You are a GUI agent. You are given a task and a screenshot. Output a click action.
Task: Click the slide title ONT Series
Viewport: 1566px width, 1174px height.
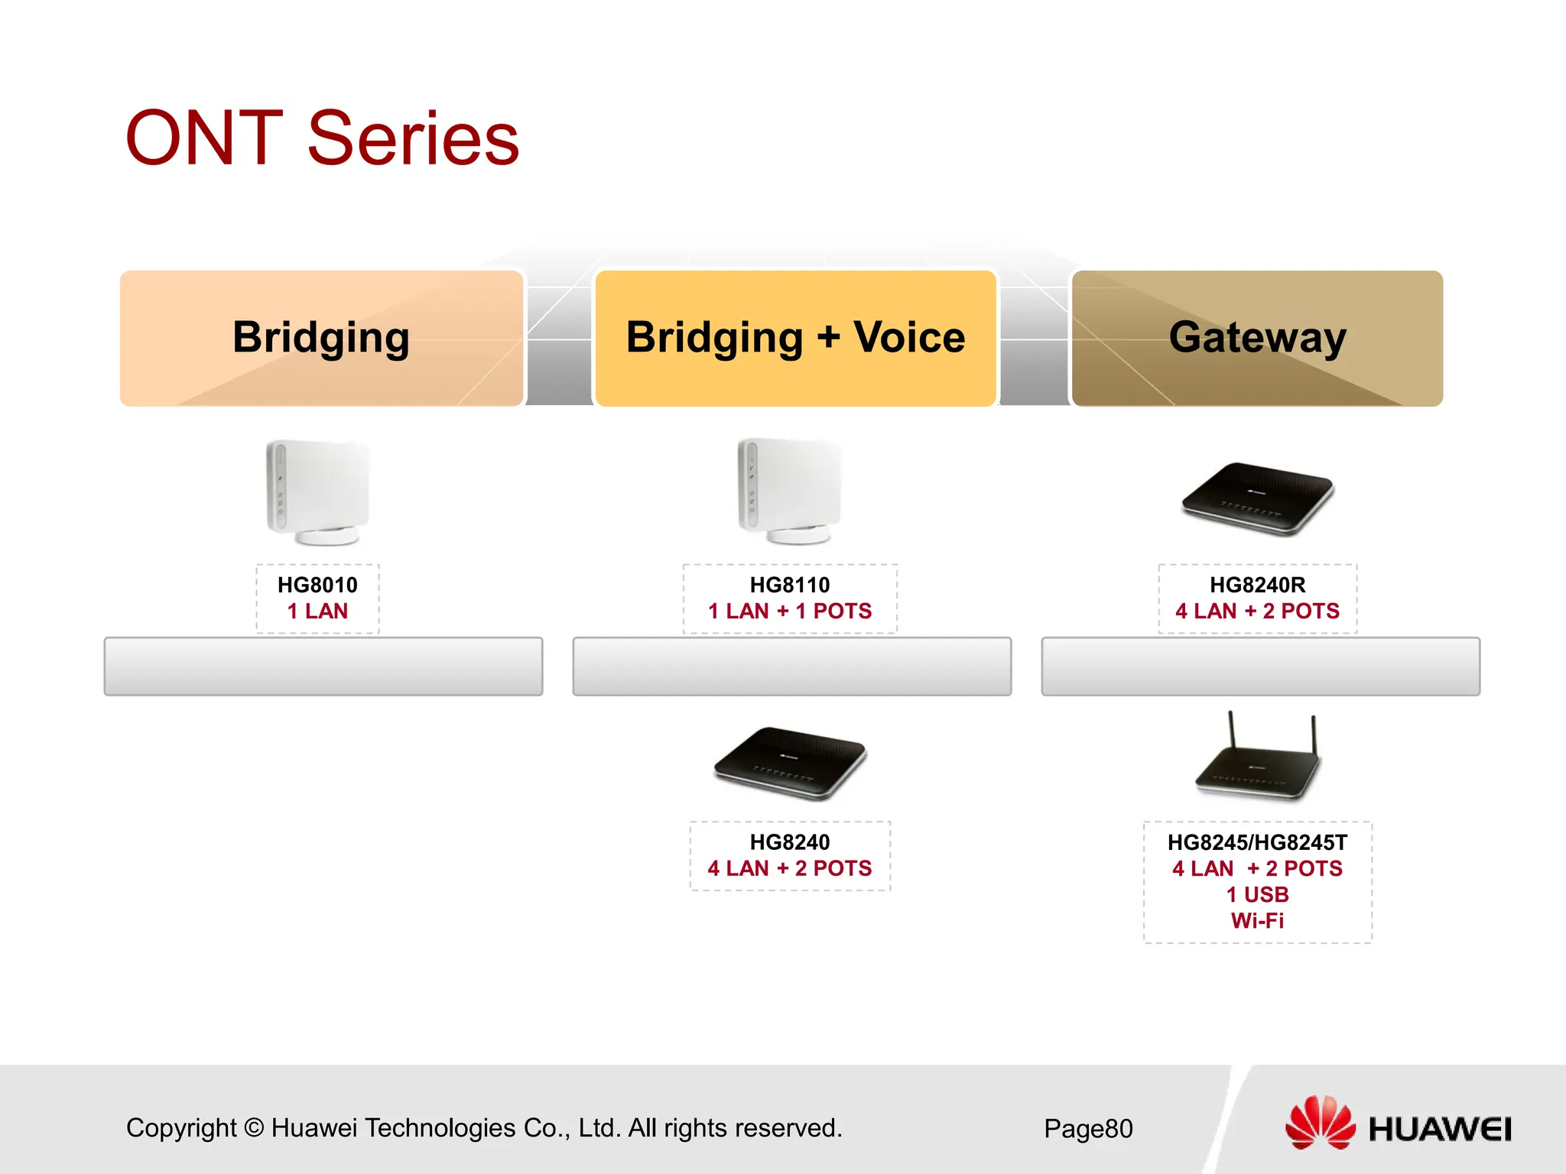(322, 138)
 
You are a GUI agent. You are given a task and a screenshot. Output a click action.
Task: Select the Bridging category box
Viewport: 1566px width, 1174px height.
(321, 338)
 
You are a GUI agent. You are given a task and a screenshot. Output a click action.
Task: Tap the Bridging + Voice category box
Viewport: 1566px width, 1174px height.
(795, 338)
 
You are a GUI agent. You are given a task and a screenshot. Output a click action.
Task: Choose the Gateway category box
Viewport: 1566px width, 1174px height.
(1257, 338)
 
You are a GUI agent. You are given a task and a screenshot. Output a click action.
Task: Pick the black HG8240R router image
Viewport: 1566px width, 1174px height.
(1257, 498)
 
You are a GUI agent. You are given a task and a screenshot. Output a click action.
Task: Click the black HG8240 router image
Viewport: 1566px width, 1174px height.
(790, 763)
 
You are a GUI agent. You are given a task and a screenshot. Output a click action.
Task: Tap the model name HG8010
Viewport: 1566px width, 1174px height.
(317, 585)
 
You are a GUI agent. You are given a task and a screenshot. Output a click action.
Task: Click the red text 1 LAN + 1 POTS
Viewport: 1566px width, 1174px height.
(790, 611)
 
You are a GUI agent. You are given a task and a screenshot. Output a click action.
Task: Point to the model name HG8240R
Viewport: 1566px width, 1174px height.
(1257, 585)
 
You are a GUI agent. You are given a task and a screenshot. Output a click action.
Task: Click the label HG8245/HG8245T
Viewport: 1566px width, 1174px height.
(1257, 842)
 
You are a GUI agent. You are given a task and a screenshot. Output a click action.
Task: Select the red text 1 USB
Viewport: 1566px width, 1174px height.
(1257, 894)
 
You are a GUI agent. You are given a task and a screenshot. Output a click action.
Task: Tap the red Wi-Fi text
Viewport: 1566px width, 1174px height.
(1257, 921)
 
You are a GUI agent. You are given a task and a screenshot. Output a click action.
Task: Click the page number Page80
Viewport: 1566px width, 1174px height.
(1088, 1128)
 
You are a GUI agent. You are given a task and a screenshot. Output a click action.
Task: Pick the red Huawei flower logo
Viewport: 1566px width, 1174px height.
(1319, 1122)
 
